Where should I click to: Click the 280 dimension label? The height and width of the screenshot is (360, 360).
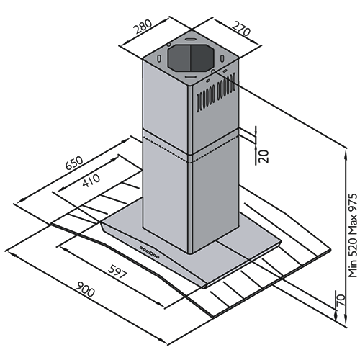(143, 26)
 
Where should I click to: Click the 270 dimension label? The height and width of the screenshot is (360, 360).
(242, 28)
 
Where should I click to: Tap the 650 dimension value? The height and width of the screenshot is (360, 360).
(74, 163)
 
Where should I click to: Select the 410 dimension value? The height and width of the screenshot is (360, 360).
(91, 180)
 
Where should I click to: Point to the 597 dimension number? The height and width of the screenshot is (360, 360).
(117, 271)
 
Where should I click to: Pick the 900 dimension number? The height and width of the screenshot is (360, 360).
(85, 289)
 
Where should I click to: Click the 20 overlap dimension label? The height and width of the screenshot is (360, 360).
(264, 156)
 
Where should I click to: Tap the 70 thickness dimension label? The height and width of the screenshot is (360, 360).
(341, 300)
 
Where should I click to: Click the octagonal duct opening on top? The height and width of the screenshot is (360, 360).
(191, 58)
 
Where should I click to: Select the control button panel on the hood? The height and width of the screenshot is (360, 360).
(149, 252)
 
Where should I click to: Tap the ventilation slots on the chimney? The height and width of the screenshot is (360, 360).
(216, 92)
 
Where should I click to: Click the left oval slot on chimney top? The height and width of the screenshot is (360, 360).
(159, 58)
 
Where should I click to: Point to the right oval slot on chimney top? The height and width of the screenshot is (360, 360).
(222, 58)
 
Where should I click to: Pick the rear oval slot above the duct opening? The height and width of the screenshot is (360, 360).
(191, 39)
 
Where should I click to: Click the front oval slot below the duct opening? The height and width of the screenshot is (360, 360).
(190, 76)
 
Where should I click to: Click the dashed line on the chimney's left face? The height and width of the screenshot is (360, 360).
(166, 150)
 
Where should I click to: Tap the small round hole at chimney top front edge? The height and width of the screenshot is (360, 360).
(212, 71)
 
